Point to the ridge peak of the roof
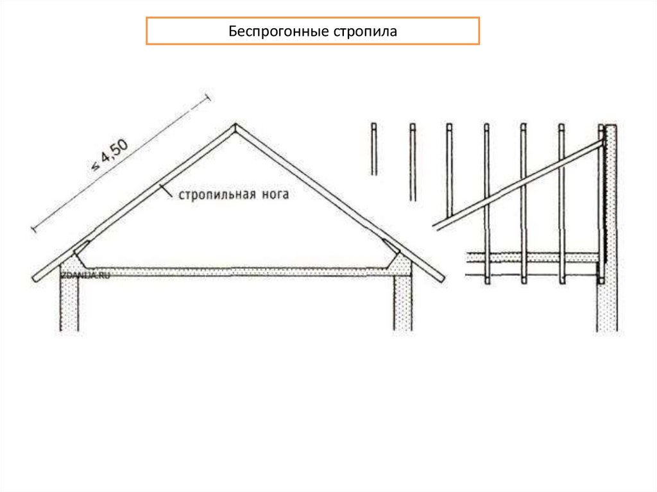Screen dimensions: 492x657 [235, 126]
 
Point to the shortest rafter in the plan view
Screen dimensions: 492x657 [373, 149]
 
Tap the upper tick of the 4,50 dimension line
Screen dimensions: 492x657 [207, 98]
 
